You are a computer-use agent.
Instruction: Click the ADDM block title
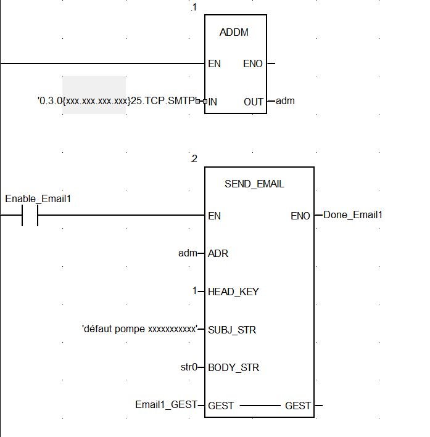pyautogui.click(x=234, y=33)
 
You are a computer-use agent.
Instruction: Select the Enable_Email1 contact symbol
pyautogui.click(x=30, y=216)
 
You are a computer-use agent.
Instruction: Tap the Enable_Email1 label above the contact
pyautogui.click(x=38, y=198)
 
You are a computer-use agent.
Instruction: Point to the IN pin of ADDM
pyautogui.click(x=213, y=101)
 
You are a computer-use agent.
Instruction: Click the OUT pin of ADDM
pyautogui.click(x=253, y=101)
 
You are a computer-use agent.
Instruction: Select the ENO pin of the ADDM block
pyautogui.click(x=253, y=63)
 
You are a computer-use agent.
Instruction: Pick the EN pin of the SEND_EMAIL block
pyautogui.click(x=215, y=216)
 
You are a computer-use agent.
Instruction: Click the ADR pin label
pyautogui.click(x=218, y=254)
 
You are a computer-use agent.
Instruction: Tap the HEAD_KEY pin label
pyautogui.click(x=233, y=292)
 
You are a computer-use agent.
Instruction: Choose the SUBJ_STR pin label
pyautogui.click(x=232, y=330)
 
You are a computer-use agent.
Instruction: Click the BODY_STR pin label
pyautogui.click(x=233, y=368)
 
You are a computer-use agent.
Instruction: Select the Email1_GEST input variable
pyautogui.click(x=165, y=405)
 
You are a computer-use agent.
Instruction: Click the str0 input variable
pyautogui.click(x=188, y=367)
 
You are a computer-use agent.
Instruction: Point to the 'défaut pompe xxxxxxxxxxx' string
pyautogui.click(x=139, y=329)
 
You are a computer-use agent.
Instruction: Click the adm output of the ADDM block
pyautogui.click(x=285, y=100)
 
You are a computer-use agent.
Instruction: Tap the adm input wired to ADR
pyautogui.click(x=188, y=253)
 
